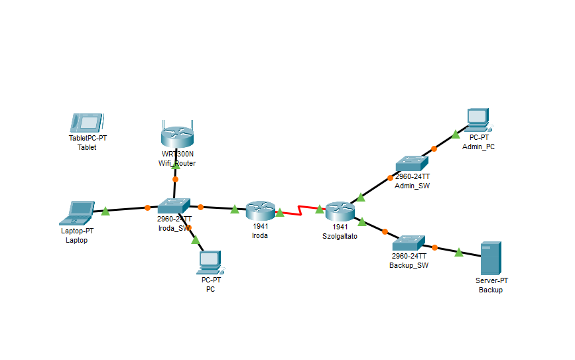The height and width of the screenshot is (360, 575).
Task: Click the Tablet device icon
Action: tap(86, 123)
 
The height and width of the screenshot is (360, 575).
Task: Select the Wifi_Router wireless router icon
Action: tap(176, 136)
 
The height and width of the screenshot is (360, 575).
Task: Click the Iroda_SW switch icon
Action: tap(174, 206)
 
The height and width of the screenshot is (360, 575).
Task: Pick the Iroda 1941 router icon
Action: tap(260, 211)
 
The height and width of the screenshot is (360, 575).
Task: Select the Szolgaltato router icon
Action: tap(340, 211)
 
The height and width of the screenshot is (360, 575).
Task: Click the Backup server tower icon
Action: tap(491, 259)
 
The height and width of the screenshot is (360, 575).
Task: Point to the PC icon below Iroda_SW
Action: tap(210, 263)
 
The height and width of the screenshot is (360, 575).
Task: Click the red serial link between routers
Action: tap(300, 211)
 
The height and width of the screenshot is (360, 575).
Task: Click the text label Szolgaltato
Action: tap(340, 235)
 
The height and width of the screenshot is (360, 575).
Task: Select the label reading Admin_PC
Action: tap(478, 147)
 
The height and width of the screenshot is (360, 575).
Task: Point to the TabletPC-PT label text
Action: tap(88, 138)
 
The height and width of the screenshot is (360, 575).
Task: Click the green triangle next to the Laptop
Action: tap(105, 211)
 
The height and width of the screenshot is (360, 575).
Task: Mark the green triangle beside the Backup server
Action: tap(458, 251)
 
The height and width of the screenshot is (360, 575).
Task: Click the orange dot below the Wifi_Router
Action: tap(175, 179)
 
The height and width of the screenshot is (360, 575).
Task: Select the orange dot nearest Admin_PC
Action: tap(434, 149)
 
